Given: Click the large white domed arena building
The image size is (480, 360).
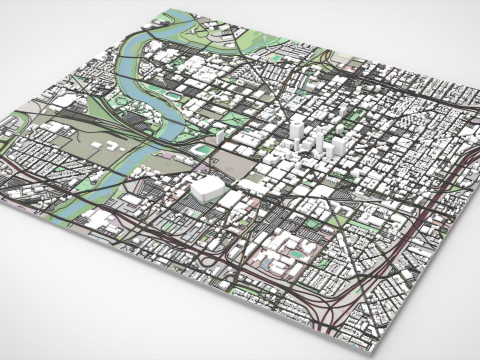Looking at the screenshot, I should pyautogui.click(x=207, y=188).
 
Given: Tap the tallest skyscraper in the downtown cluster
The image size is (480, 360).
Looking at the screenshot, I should pyautogui.click(x=297, y=130).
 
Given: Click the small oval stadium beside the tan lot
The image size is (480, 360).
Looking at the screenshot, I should pyautogui.click(x=206, y=150).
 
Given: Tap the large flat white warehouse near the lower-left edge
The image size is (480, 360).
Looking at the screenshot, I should pyautogui.click(x=100, y=219).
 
